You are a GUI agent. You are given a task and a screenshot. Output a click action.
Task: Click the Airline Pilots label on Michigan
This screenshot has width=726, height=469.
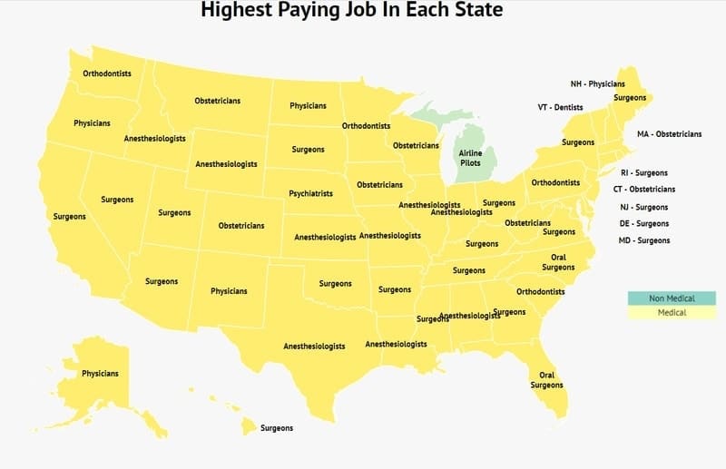point(471,158)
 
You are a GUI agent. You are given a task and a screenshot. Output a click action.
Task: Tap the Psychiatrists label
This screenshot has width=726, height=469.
point(310,193)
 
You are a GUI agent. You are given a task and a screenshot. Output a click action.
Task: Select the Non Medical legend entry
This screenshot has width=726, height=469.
point(671,298)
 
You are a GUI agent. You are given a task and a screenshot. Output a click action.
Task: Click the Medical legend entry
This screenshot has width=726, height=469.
point(671,313)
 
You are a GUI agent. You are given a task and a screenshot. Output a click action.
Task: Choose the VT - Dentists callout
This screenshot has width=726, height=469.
point(560,107)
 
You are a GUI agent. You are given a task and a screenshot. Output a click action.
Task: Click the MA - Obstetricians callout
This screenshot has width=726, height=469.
point(669,134)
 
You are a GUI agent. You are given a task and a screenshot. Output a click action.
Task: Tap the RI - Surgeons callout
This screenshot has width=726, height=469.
point(643,172)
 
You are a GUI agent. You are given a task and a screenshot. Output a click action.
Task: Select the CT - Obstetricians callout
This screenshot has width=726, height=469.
point(643,190)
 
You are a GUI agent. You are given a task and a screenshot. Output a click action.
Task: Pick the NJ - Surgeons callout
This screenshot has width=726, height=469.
point(643,207)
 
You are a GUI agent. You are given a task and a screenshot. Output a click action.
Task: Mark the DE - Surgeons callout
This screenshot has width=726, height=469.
point(643,223)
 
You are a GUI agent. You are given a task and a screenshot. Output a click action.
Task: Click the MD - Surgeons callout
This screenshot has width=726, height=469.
point(643,240)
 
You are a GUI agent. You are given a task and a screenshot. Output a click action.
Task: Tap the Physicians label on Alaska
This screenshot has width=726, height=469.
point(100,374)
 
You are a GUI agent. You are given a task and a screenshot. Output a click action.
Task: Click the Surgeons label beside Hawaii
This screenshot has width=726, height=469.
point(277,427)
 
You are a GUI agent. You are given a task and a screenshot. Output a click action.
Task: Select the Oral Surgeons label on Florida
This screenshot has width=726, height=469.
point(546,380)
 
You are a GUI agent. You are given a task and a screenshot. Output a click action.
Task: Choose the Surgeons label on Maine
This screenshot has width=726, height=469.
point(630,97)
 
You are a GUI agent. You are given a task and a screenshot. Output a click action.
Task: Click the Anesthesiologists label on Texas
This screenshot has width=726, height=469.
point(314,347)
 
